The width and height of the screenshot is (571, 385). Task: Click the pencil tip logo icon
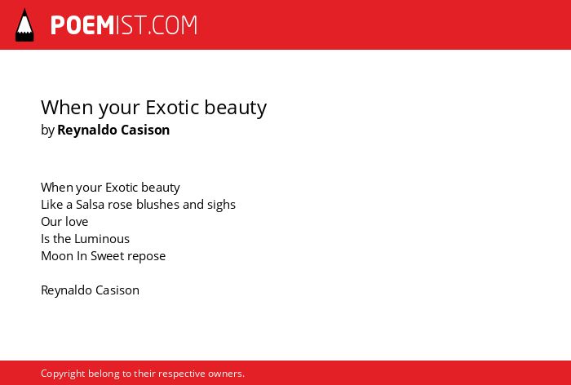pos(24,25)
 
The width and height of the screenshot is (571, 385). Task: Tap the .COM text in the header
pos(173,25)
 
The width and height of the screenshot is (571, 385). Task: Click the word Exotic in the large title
pos(172,107)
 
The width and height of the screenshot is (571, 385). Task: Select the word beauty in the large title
pos(235,108)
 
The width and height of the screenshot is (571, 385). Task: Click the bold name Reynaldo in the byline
pos(87,131)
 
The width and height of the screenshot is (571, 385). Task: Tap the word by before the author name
pos(47,131)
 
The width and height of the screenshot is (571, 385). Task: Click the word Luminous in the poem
pos(102,238)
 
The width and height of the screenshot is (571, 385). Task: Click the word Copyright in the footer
pos(63,374)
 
